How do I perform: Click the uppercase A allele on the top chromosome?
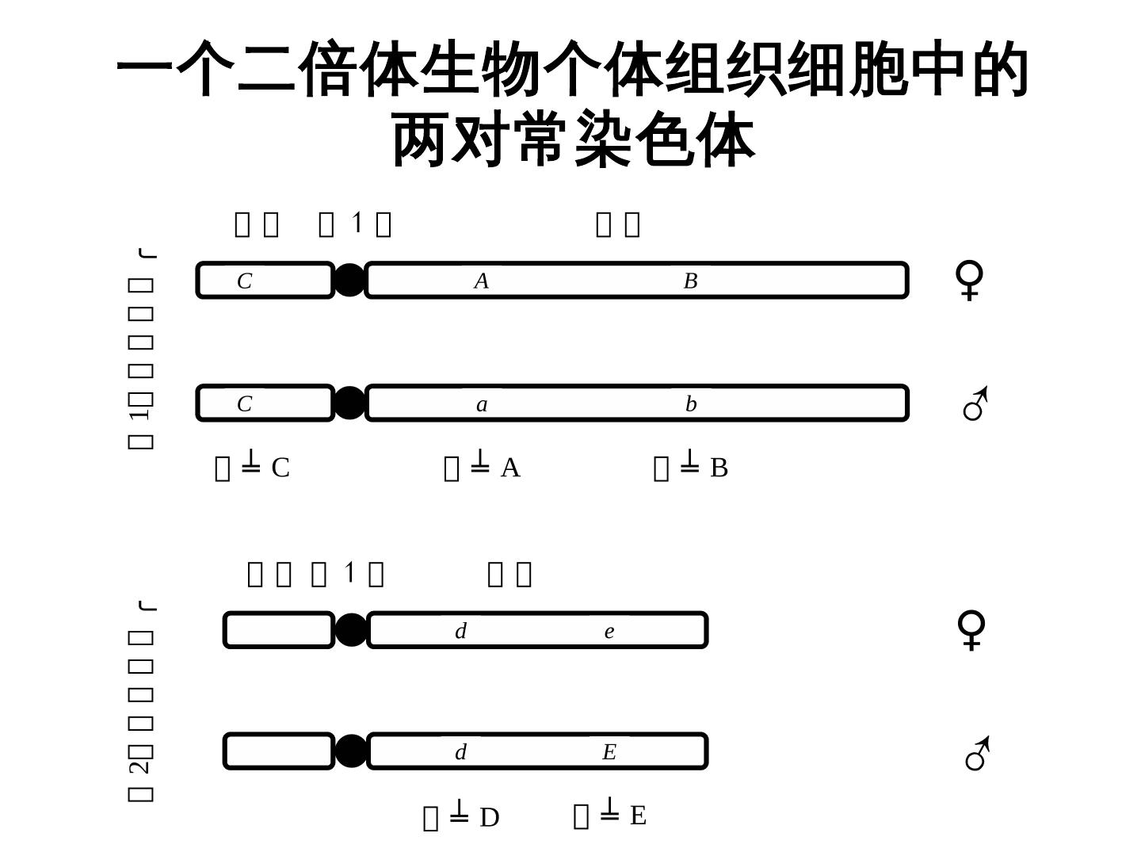[481, 281]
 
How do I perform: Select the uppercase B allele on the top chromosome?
[690, 281]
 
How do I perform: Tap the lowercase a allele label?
[482, 405]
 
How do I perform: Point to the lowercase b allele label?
[691, 405]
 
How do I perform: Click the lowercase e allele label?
[609, 632]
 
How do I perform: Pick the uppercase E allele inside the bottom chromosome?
[609, 752]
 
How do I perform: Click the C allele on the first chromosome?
[245, 281]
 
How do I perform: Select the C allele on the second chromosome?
[245, 405]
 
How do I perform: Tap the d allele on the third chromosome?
[460, 632]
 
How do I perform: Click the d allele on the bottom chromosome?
[460, 752]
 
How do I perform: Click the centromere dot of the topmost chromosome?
[349, 281]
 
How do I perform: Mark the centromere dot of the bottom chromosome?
[350, 751]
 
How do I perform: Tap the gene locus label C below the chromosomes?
[280, 468]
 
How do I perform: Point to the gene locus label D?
[489, 817]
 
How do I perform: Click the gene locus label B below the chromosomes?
[719, 468]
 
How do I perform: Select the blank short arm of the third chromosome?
[278, 630]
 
